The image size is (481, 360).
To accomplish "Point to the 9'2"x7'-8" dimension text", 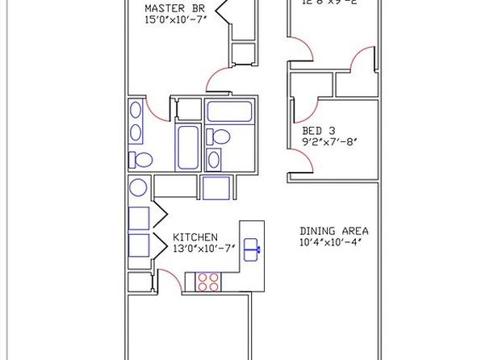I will tap(323, 142).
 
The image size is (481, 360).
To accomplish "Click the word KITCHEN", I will tap(194, 237).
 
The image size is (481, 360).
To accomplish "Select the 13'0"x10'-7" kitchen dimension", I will tap(203, 249).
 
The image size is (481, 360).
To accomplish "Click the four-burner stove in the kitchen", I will tap(208, 282).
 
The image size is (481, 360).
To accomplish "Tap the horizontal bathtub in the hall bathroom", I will tap(229, 110).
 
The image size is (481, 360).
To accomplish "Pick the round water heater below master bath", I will tap(137, 186).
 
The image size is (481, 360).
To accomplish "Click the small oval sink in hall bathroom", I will tap(215, 155).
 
